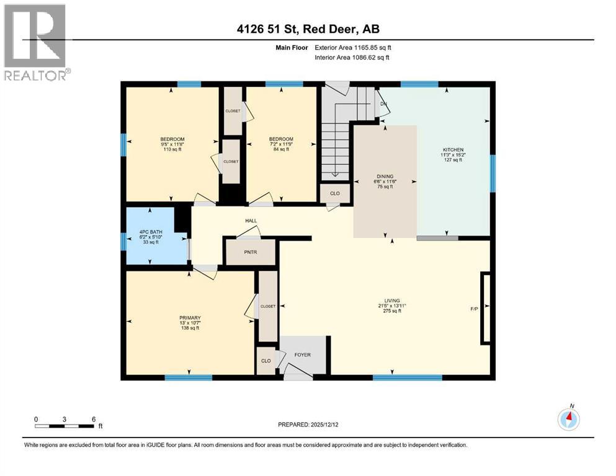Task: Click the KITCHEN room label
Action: tap(452, 150)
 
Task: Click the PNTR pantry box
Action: tap(250, 252)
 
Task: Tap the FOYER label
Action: tap(302, 355)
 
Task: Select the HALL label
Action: tap(251, 220)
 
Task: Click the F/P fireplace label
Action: tap(475, 308)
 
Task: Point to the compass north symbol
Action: tap(568, 419)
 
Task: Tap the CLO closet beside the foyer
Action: tap(266, 361)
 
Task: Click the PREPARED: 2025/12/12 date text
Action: tap(308, 425)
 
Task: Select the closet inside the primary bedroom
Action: tap(268, 306)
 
